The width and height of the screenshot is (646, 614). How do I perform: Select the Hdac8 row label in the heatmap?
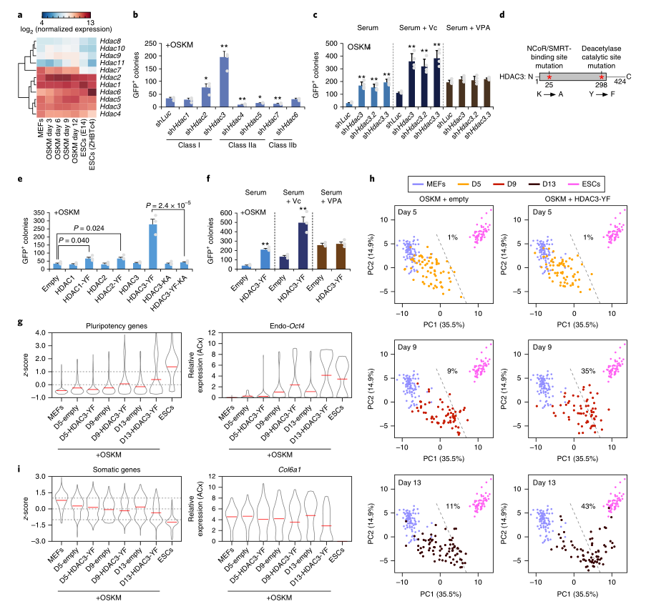[x=111, y=42]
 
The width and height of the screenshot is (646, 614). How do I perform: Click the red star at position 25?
[x=549, y=75]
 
